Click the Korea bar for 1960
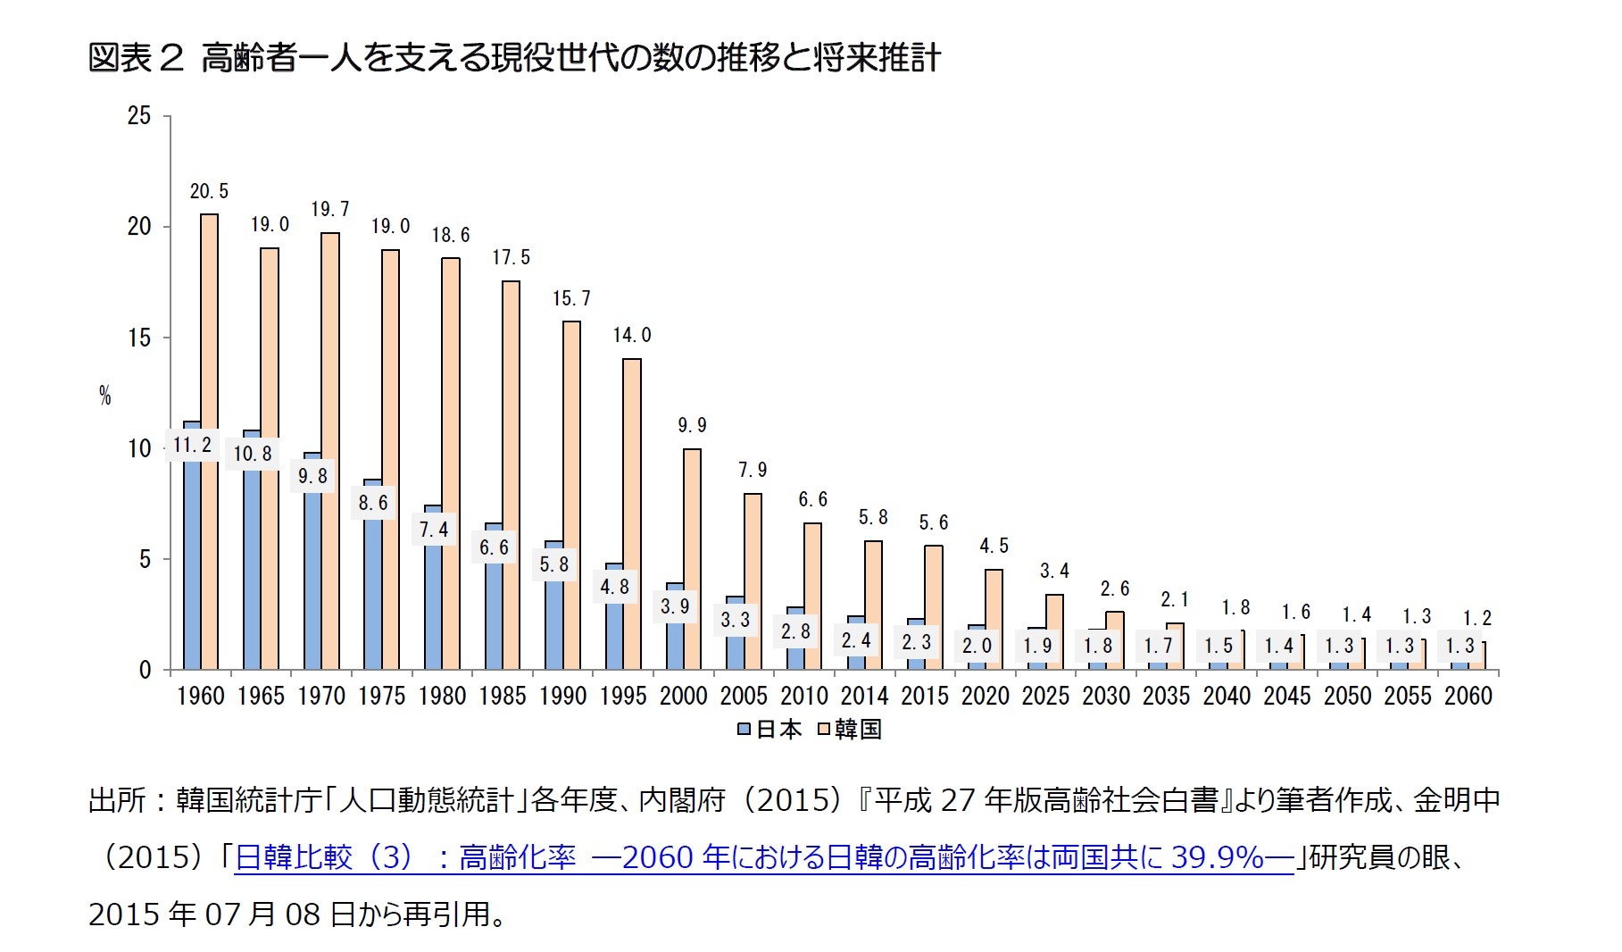point(209,442)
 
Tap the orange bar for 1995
point(631,514)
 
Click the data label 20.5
point(209,192)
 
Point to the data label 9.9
point(692,426)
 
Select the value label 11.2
point(192,445)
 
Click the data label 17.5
point(511,258)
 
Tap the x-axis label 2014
point(864,697)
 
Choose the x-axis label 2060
point(1468,697)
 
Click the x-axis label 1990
point(562,697)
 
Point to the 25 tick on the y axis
point(139,116)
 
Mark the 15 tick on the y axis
point(139,338)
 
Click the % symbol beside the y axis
point(105,397)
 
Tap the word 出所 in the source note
point(116,800)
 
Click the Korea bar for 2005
point(753,581)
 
